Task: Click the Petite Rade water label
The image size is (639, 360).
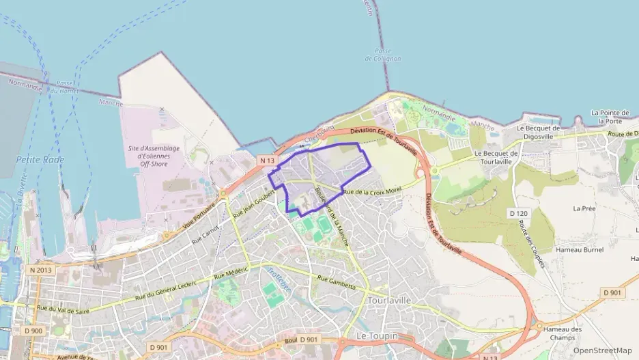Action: point(40,160)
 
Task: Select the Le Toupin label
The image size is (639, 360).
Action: point(376,336)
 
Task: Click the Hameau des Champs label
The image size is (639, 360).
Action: point(565,333)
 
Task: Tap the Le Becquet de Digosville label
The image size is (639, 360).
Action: point(538,132)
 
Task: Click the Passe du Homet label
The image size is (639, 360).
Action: point(65,87)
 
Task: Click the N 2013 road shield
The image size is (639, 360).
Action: point(41,271)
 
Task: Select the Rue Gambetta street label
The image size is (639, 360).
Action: point(337,281)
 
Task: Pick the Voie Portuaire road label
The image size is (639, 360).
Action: point(199,216)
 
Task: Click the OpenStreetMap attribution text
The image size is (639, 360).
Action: point(602,350)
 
